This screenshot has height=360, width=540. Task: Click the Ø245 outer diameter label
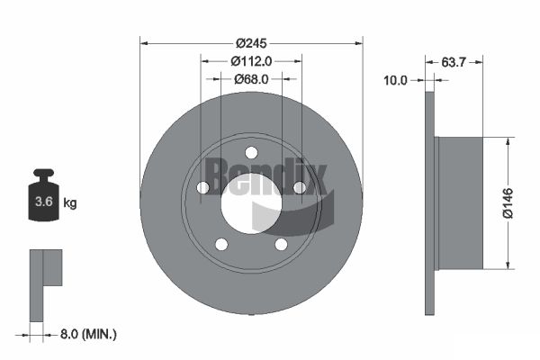[251, 43]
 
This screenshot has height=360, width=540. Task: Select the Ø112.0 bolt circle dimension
[251, 61]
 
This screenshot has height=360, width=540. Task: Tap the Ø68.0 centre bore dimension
[251, 79]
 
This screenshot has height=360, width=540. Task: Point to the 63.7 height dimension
[454, 62]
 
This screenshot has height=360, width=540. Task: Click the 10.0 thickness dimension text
[395, 80]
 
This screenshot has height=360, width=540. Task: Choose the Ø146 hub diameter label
[508, 203]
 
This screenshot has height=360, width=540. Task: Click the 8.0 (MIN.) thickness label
[88, 334]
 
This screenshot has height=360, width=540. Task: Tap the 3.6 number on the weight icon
[44, 202]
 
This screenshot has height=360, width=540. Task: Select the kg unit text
[70, 202]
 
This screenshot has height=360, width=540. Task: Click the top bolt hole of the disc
[251, 152]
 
